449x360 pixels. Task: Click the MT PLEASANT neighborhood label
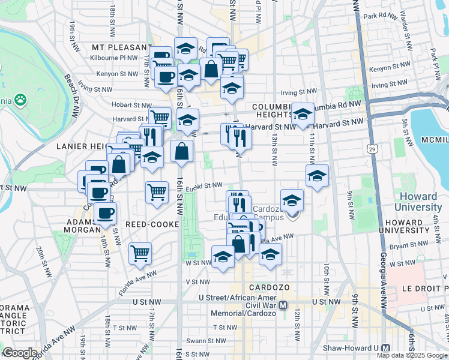pyautogui.click(x=122, y=47)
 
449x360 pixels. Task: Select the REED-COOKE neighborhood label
pyautogui.click(x=153, y=224)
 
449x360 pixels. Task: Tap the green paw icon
pyautogui.click(x=20, y=99)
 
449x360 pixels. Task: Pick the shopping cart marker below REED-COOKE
pyautogui.click(x=140, y=253)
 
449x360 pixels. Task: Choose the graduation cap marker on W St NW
pyautogui.click(x=223, y=257)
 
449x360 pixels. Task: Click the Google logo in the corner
pyautogui.click(x=20, y=353)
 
